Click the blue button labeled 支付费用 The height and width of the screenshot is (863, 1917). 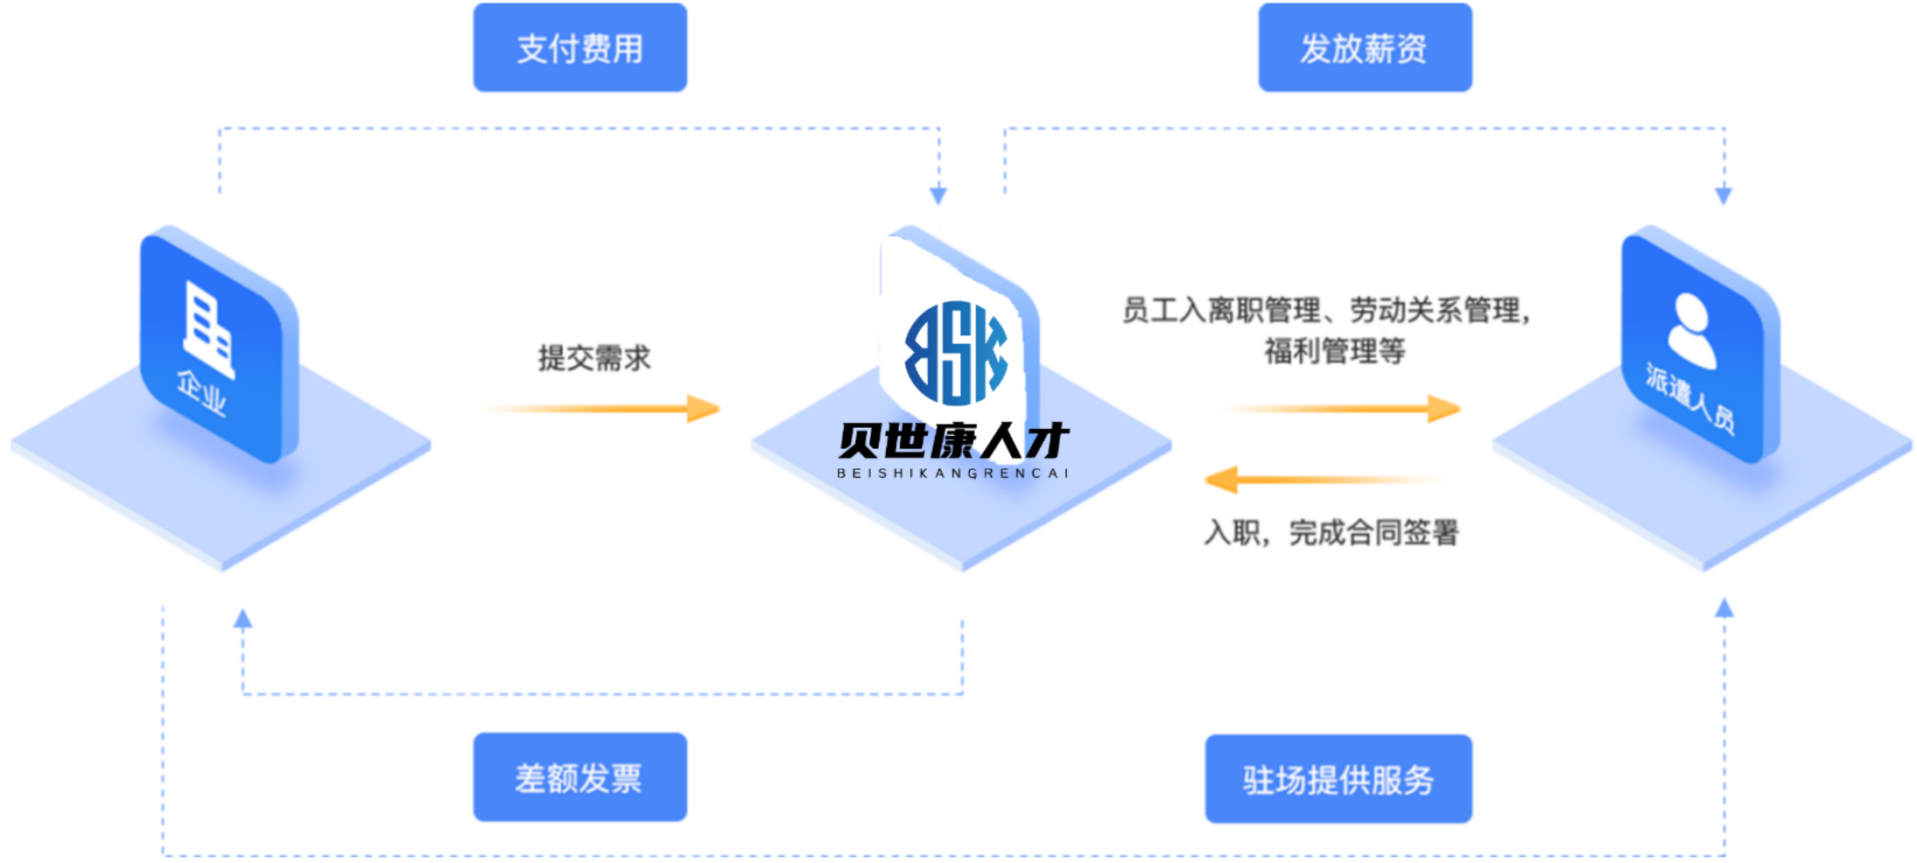click(579, 48)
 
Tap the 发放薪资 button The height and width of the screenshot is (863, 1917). click(1364, 48)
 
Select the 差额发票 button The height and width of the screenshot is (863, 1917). click(579, 777)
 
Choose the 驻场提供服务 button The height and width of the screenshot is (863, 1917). click(1338, 779)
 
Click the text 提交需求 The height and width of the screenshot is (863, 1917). click(594, 358)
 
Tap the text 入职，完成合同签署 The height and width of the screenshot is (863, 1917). click(1331, 532)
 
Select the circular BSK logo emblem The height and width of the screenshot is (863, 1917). click(956, 353)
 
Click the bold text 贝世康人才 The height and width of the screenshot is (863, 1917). click(953, 440)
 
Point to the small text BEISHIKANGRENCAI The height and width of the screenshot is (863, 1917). click(953, 474)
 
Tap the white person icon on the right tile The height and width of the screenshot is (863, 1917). click(1691, 330)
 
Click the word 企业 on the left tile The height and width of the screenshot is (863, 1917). click(201, 392)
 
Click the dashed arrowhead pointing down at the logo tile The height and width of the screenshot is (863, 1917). click(938, 194)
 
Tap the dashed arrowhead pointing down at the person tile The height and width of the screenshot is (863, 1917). click(1724, 194)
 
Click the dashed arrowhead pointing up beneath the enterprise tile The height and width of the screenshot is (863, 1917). click(243, 620)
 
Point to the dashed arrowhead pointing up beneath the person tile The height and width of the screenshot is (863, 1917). click(1724, 608)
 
